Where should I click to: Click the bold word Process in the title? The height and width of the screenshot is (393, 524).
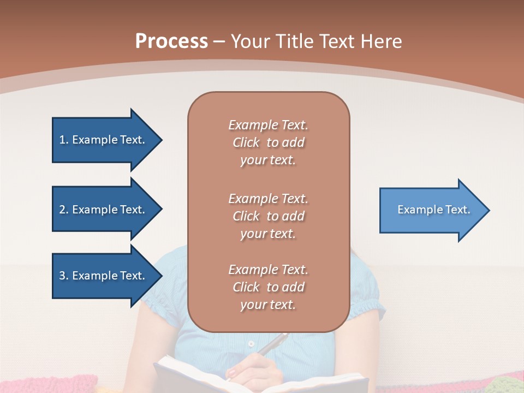click(x=171, y=41)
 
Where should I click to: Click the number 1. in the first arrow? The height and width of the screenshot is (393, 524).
click(x=64, y=140)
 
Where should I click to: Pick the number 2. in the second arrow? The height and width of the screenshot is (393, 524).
click(x=64, y=210)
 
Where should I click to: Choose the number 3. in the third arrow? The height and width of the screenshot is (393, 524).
click(x=64, y=276)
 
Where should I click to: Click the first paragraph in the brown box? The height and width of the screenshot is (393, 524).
click(x=268, y=142)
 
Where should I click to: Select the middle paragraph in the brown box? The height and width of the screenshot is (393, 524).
click(x=268, y=216)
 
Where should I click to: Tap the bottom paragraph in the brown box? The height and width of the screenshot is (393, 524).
click(x=268, y=287)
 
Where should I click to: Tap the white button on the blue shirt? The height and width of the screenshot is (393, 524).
click(x=251, y=344)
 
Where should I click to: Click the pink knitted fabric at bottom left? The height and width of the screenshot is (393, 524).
click(x=49, y=382)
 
